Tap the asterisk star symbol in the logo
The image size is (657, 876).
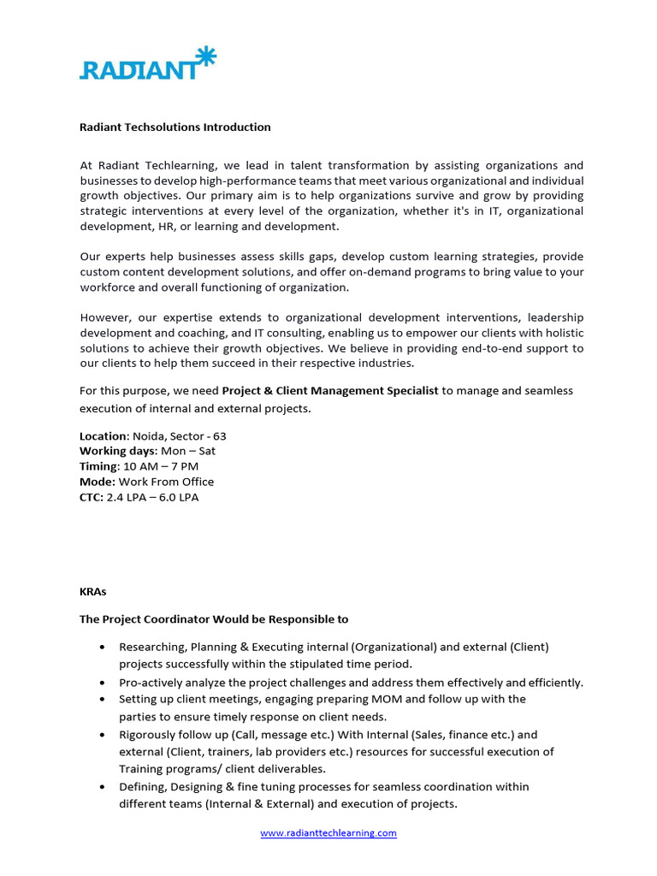pos(205,57)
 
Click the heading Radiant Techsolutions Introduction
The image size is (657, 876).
pos(175,127)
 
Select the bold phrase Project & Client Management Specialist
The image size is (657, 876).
pos(330,391)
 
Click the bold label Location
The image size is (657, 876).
pos(104,436)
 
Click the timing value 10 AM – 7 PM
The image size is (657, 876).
pos(161,467)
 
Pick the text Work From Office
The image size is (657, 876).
pos(166,482)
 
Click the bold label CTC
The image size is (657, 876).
pos(92,498)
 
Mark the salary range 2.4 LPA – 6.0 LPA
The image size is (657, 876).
pos(152,498)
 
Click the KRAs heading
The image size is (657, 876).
pos(93,590)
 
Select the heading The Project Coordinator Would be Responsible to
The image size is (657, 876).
pos(214,619)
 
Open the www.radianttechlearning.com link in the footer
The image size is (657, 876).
pos(328,833)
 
